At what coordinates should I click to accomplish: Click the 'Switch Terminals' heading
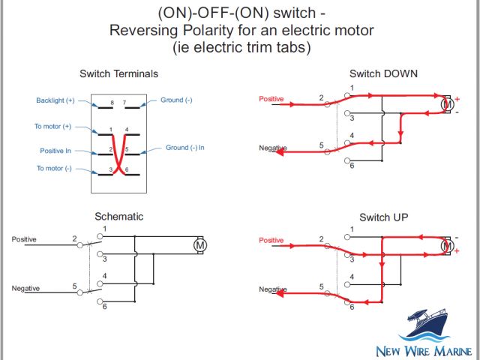pos(118,73)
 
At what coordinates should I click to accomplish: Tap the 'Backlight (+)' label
pos(55,100)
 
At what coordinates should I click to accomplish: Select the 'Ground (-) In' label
pos(184,148)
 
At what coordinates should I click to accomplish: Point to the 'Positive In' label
pos(55,151)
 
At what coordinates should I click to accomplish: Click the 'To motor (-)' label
pos(54,168)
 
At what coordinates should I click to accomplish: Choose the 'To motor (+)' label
pos(53,127)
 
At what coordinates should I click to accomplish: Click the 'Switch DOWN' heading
pos(383,73)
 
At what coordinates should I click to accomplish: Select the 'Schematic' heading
pos(118,217)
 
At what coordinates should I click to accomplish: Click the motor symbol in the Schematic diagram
pos(199,245)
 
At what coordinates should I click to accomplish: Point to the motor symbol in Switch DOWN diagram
pos(447,105)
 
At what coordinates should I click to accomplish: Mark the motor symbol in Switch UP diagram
pos(447,245)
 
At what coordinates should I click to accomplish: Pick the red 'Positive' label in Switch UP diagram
pos(271,240)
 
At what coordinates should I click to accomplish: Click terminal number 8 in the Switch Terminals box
pos(112,101)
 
